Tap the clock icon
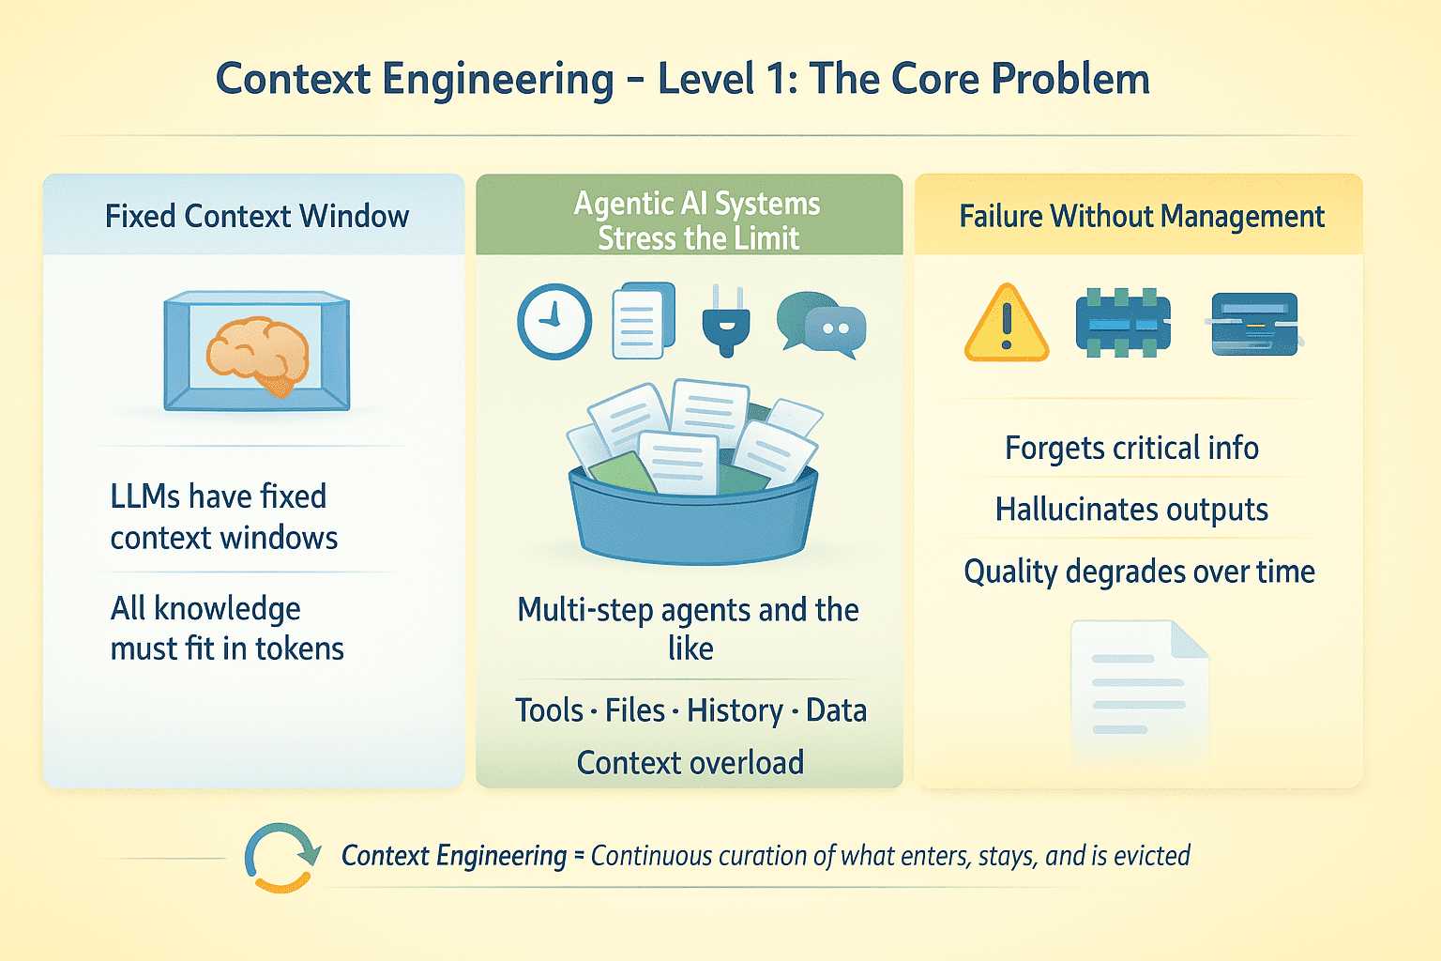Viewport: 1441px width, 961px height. pos(554,322)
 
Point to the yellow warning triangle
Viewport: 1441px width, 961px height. pos(1007,324)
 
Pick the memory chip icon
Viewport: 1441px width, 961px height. pos(1123,324)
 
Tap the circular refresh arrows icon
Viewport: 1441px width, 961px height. pos(280,857)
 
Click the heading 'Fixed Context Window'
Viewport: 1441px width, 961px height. pos(256,217)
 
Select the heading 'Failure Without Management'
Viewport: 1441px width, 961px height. pos(1141,217)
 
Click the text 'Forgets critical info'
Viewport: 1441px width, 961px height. pos(1131,449)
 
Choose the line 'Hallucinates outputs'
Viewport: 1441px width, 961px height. pos(1131,510)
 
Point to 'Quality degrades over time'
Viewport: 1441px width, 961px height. pos(1139,572)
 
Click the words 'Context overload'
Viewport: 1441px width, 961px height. pos(690,763)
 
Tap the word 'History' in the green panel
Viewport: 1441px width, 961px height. pos(735,710)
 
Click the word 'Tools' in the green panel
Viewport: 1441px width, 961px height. pos(549,710)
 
